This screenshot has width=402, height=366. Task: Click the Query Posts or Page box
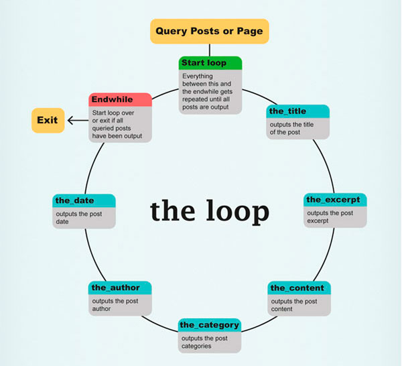(x=209, y=31)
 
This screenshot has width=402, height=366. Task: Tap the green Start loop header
(x=210, y=63)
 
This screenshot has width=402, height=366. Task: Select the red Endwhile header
(x=120, y=99)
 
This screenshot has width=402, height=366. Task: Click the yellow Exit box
(x=48, y=121)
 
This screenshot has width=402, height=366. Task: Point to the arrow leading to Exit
(x=76, y=121)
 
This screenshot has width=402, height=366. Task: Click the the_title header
(x=297, y=111)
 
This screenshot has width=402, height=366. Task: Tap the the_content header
(x=298, y=288)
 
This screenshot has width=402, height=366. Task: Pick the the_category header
(x=210, y=325)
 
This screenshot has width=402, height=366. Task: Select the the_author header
(x=120, y=288)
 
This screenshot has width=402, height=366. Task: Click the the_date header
(x=84, y=200)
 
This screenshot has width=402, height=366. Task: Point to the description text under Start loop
(x=210, y=91)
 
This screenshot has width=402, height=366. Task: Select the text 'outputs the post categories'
(x=204, y=342)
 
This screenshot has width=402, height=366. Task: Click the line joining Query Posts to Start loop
(x=210, y=50)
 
